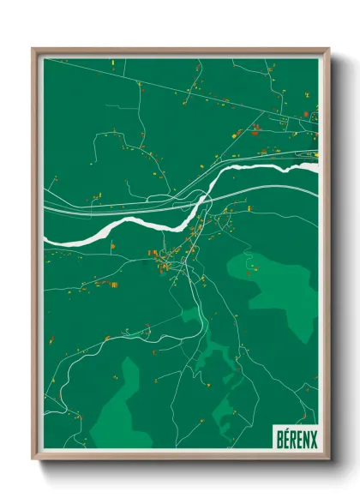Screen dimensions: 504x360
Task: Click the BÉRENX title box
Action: (295, 438)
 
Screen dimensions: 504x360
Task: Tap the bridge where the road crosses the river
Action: (206, 201)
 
